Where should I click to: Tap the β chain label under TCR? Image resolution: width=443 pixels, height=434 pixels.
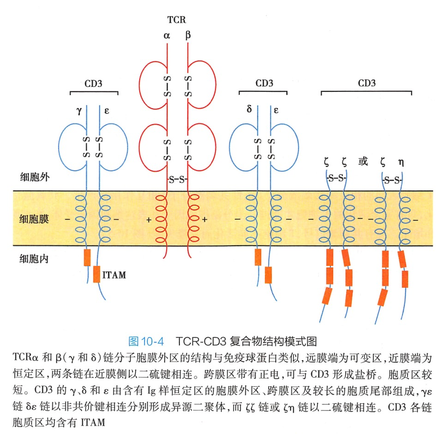click(x=188, y=35)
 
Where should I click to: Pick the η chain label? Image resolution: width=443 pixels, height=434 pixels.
click(x=401, y=162)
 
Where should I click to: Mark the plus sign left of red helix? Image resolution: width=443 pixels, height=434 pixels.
click(x=149, y=220)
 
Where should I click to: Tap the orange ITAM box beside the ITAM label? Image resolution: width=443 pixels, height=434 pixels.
click(x=96, y=274)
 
